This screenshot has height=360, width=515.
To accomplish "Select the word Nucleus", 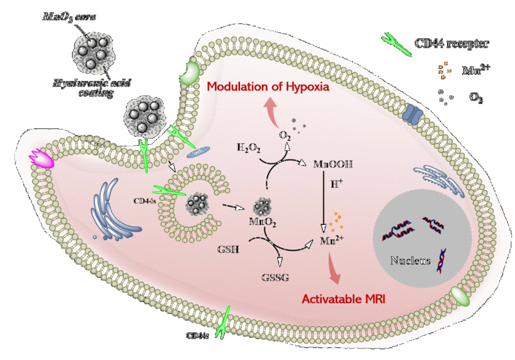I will pyautogui.click(x=410, y=260).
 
